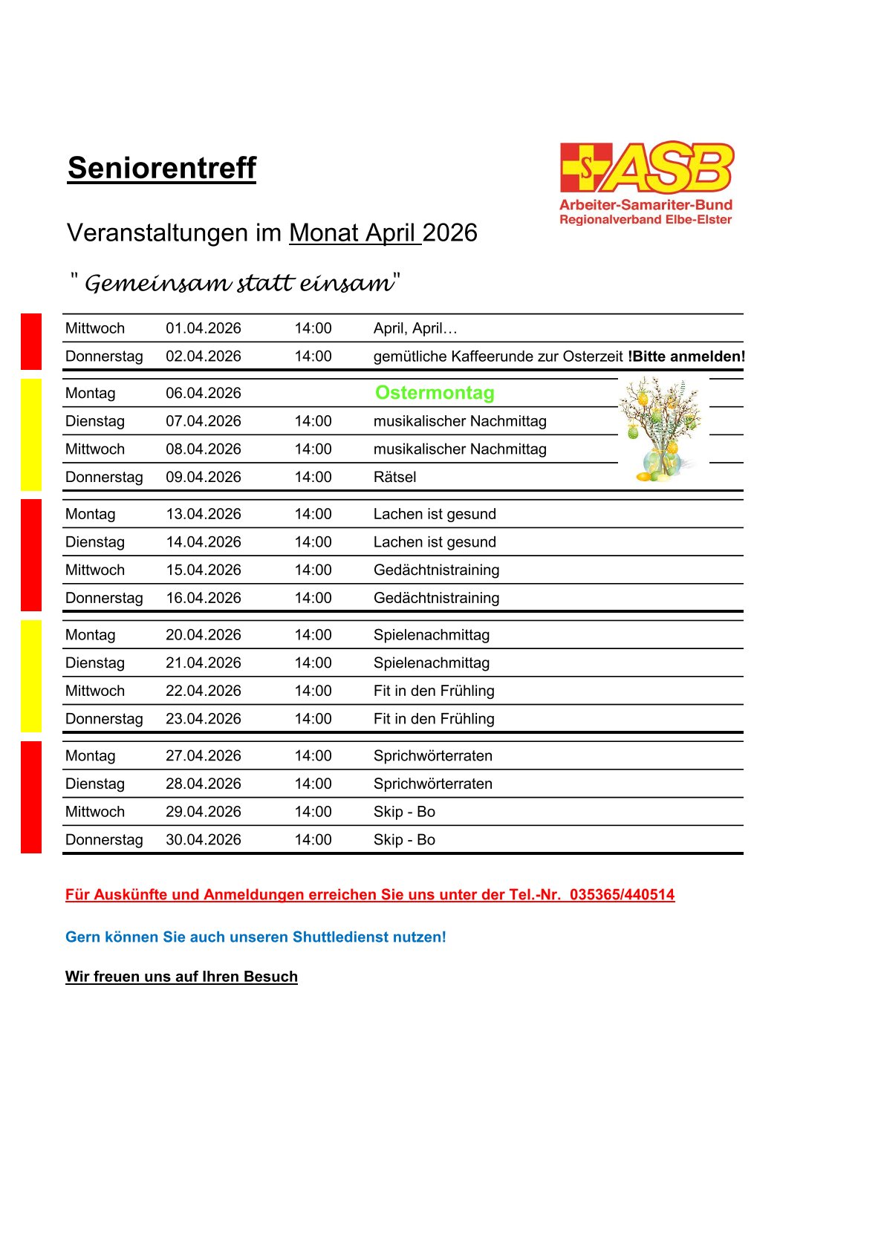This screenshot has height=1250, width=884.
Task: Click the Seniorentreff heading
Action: click(161, 168)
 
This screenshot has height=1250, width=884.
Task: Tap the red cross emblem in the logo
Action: click(585, 168)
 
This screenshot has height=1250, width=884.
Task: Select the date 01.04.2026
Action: click(203, 328)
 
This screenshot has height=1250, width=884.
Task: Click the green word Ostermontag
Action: click(435, 393)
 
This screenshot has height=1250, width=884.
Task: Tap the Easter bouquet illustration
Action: click(660, 430)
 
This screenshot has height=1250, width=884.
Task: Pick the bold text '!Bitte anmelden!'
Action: click(686, 357)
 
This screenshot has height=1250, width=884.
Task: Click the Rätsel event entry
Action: click(394, 477)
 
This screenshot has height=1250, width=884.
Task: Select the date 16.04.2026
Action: click(203, 598)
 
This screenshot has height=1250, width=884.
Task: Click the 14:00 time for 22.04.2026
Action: click(313, 691)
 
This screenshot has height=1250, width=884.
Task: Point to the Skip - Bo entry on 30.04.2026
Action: click(404, 839)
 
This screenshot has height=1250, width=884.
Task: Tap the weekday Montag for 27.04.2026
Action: click(91, 755)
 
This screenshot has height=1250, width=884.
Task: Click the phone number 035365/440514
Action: click(622, 894)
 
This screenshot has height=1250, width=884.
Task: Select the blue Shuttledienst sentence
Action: click(256, 937)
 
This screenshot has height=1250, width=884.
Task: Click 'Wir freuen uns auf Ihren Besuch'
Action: click(181, 977)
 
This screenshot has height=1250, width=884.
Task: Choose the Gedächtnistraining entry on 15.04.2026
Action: click(436, 570)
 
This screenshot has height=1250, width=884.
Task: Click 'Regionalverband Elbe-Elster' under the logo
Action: click(645, 220)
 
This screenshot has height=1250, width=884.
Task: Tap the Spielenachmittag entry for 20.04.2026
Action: click(432, 635)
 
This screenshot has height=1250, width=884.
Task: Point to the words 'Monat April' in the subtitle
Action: click(352, 233)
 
